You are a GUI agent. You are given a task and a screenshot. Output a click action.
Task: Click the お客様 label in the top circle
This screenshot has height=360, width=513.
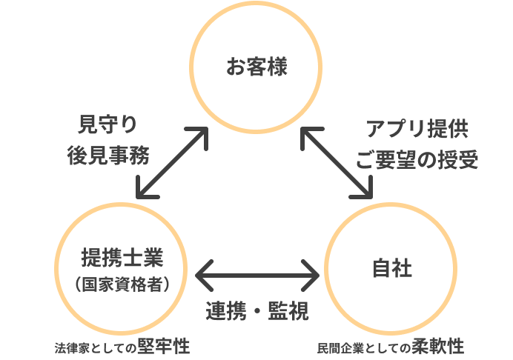point(256,67)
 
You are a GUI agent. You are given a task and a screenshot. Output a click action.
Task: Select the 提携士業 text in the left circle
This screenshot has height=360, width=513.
point(121,258)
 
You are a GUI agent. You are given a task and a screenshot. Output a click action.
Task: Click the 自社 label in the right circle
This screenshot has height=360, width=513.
point(391,268)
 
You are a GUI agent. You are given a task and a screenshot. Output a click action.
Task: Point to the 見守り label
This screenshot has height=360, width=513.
point(108,123)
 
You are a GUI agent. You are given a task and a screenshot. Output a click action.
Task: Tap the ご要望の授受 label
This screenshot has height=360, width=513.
point(417,160)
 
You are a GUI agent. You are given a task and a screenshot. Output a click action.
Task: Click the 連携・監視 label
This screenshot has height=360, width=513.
point(256,311)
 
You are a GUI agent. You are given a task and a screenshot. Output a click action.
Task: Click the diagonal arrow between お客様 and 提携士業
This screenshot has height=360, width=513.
point(171,164)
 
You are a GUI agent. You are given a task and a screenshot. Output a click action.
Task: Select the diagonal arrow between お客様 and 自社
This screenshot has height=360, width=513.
point(337,163)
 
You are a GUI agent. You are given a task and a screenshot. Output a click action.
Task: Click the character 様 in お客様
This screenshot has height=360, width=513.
point(277,67)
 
